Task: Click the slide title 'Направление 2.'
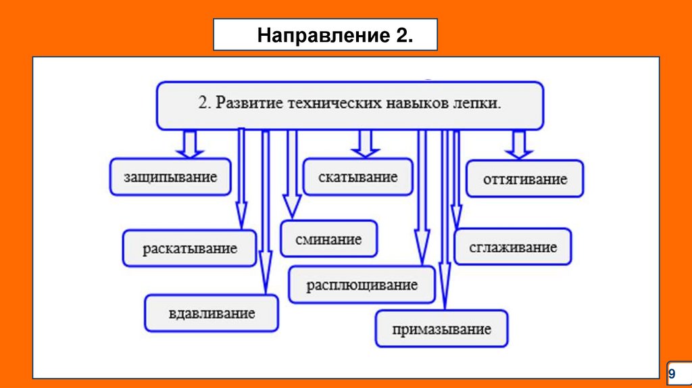point(335,35)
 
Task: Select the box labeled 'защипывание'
point(170,178)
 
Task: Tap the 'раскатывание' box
point(190,248)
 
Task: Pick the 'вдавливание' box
point(212,313)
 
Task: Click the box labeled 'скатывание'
point(357,177)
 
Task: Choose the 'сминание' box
point(329,239)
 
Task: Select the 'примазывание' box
point(441,329)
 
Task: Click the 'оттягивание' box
point(525,179)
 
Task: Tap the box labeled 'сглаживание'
point(513,247)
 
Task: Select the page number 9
point(672,373)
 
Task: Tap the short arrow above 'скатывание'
point(366,143)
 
